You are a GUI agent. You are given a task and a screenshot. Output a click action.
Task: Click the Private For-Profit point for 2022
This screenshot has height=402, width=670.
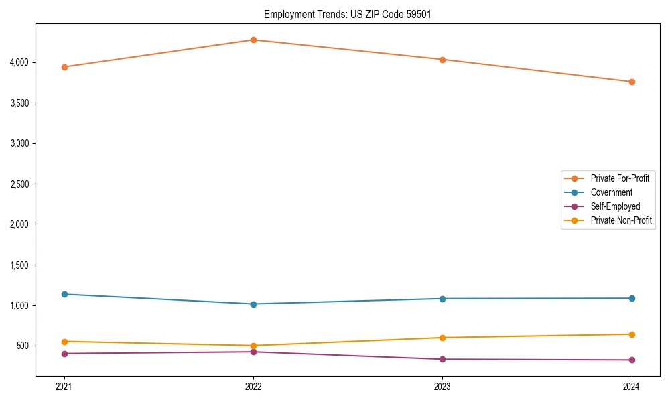coord(253,40)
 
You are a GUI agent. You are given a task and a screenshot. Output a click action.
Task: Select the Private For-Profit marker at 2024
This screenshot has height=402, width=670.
coord(632,82)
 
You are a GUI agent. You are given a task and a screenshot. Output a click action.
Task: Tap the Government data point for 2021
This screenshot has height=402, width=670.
coord(64,294)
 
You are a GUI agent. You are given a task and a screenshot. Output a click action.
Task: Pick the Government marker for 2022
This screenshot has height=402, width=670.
coord(253,304)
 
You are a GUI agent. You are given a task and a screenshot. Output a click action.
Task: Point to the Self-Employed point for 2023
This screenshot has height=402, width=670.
coord(442,359)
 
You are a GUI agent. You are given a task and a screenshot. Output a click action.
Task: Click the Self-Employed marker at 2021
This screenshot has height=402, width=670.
coord(64,354)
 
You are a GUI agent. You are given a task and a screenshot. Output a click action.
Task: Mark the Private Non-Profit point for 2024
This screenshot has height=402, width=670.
coord(632,334)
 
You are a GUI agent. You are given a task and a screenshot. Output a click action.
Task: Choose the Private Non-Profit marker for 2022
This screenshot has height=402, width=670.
coord(253,346)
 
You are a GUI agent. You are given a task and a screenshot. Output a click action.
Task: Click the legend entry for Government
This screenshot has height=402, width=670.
coord(611,192)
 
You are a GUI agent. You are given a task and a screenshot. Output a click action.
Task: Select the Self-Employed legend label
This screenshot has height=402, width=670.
coord(615,206)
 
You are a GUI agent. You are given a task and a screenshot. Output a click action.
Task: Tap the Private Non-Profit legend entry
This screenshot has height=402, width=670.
coord(621,220)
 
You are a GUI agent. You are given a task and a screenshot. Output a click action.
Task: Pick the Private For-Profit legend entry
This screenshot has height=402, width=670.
coord(620,178)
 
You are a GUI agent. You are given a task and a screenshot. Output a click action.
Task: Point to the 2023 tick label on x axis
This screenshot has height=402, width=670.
coord(442,387)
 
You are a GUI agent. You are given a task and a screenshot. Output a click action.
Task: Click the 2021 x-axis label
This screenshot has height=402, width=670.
coord(64,387)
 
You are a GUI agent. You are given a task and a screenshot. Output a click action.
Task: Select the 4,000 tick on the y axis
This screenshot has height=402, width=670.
coord(18,62)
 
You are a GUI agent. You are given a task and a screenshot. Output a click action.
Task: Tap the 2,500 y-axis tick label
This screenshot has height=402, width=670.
coord(18,184)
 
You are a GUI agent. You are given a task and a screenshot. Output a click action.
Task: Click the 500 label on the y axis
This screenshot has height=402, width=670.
coord(22,346)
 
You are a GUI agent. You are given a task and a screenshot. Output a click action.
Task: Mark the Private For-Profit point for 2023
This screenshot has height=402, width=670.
coord(442,60)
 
